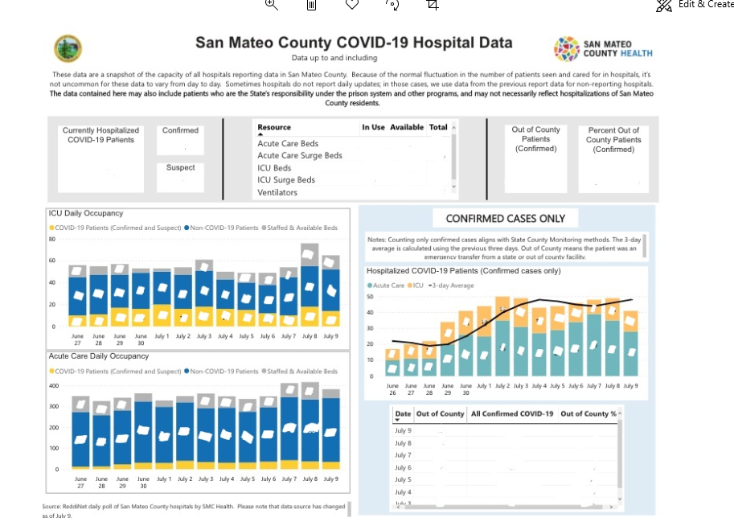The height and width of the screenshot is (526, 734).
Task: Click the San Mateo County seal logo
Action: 68,48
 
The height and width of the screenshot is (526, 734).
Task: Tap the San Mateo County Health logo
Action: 603,48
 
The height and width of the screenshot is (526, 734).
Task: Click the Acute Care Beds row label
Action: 288,143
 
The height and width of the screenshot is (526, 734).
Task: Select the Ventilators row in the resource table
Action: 277,192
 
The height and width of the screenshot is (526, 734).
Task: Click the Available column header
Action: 406,127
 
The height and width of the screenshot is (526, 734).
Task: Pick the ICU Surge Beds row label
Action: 286,179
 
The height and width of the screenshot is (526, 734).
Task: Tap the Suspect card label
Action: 180,167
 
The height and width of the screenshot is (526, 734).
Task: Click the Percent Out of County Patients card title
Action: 613,139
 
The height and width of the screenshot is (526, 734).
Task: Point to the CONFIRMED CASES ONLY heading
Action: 506,218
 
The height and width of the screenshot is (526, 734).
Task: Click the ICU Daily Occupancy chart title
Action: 86,213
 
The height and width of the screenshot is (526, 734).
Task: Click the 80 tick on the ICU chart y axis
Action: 52,239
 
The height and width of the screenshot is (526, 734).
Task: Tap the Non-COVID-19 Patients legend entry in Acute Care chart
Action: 224,372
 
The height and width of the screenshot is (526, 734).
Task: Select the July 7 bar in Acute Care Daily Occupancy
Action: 289,426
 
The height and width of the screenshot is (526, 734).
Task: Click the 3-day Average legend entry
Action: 453,286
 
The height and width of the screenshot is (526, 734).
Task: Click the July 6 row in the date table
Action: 403,467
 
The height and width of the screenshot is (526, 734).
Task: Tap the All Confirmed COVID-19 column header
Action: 512,413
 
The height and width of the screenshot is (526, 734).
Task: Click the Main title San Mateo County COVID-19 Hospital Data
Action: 354,43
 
